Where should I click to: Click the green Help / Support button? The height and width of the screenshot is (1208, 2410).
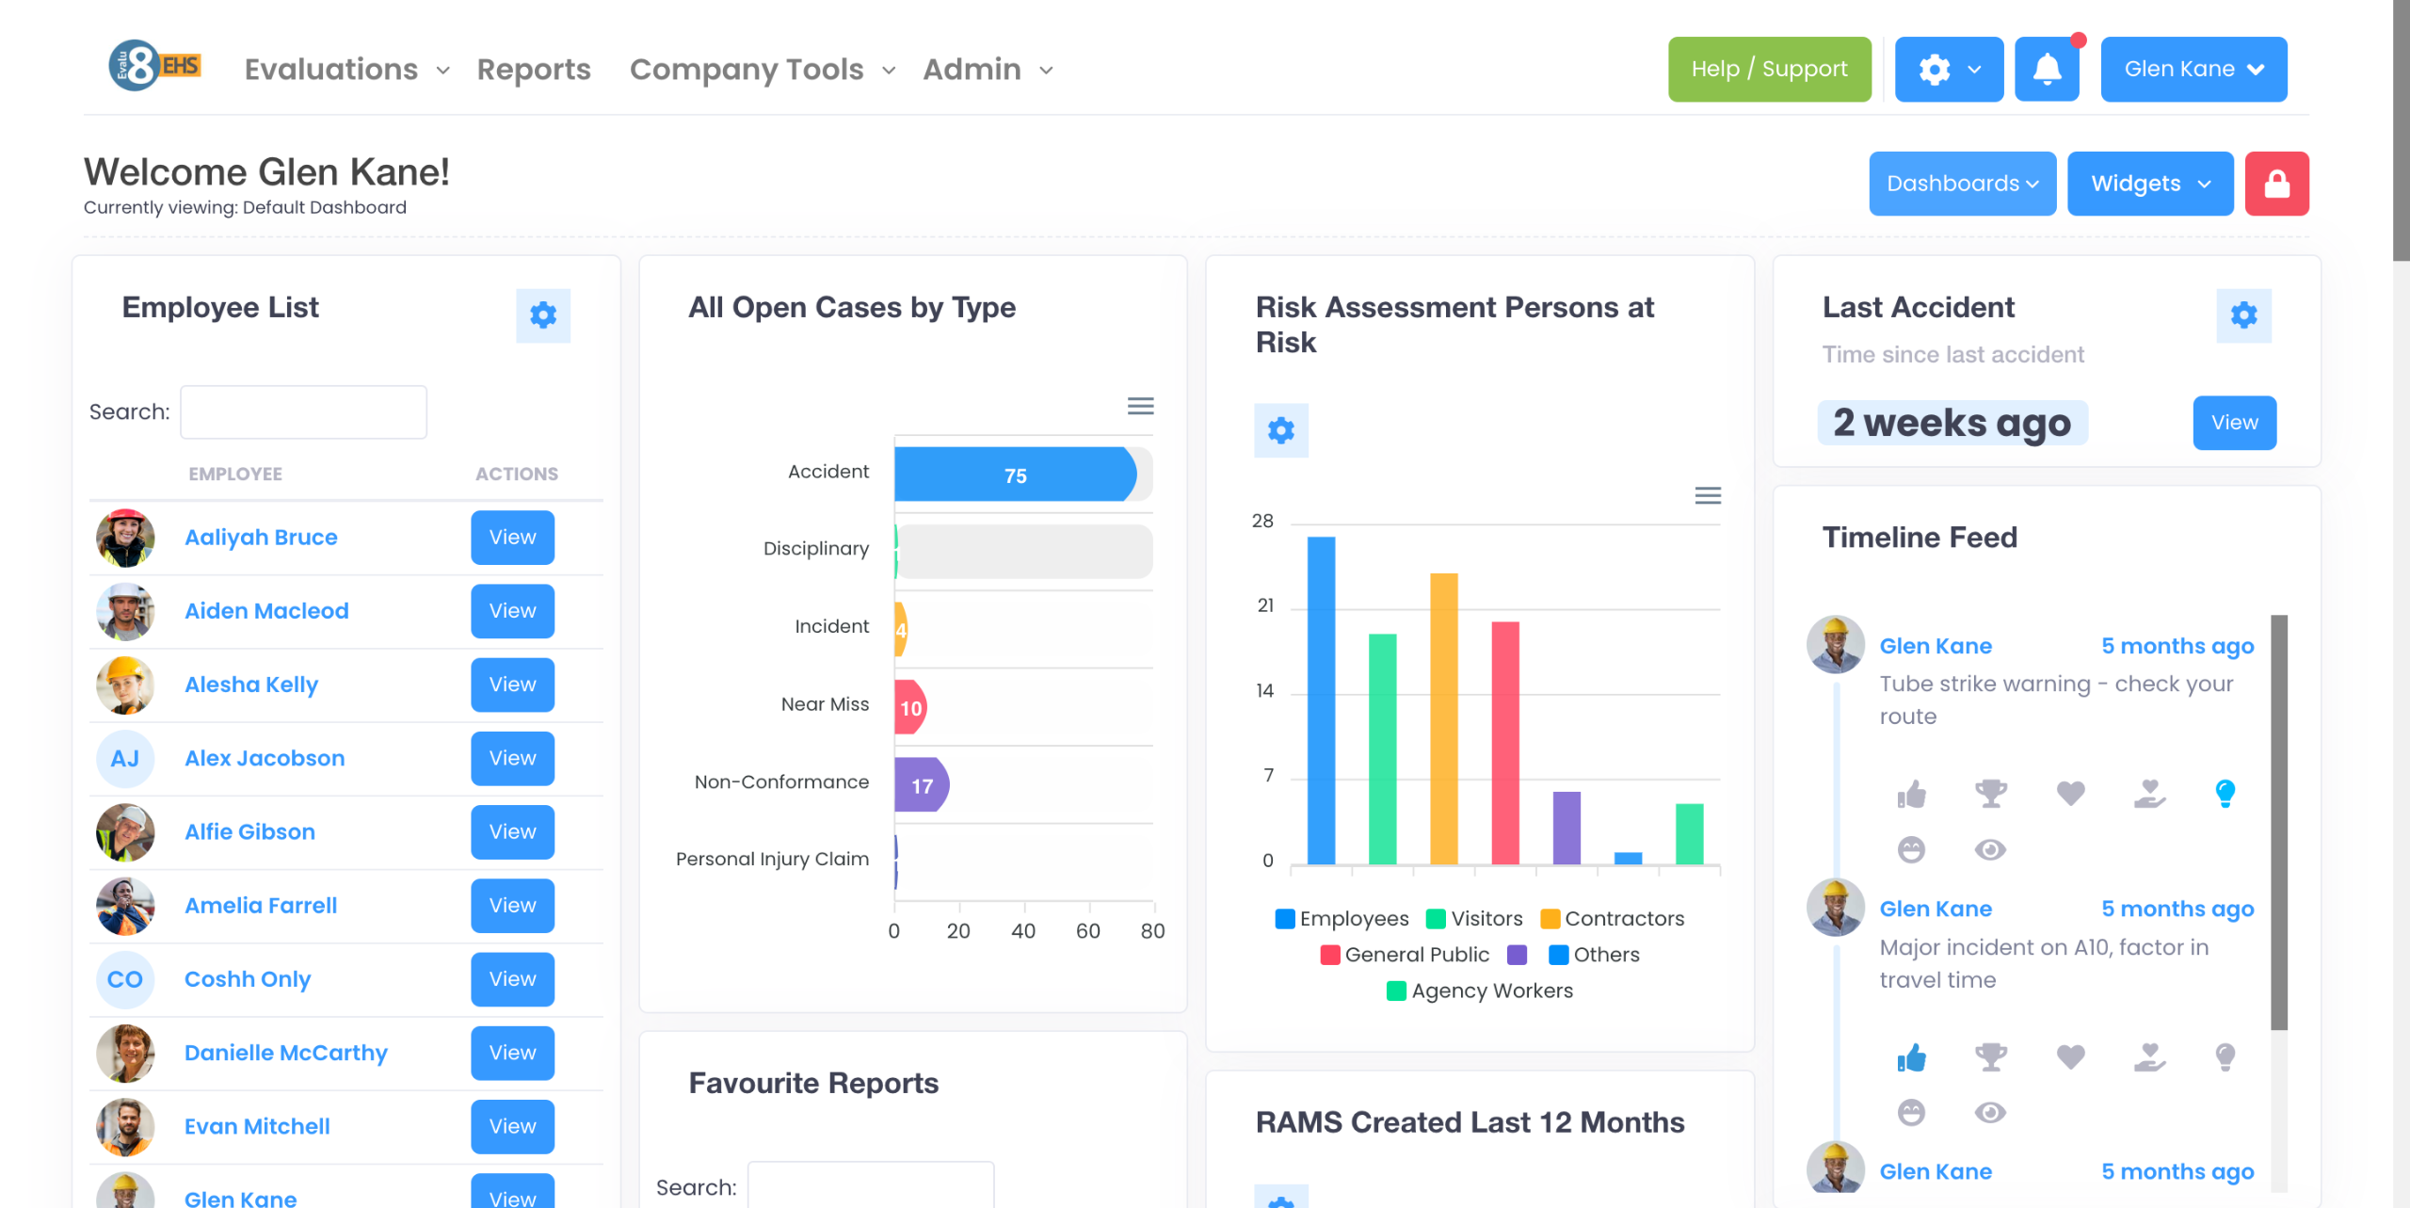pyautogui.click(x=1769, y=69)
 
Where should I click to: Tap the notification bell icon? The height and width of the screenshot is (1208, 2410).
pyautogui.click(x=2047, y=69)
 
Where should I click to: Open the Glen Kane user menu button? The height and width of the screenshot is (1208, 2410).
pyautogui.click(x=2193, y=69)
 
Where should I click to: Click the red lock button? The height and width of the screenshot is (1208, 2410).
pyautogui.click(x=2276, y=184)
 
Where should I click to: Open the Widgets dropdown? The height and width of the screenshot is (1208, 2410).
pyautogui.click(x=2150, y=184)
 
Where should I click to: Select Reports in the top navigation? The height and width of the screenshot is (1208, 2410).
pyautogui.click(x=534, y=69)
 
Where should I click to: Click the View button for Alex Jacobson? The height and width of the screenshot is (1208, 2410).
pyautogui.click(x=512, y=758)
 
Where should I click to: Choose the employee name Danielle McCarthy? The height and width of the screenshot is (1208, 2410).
pyautogui.click(x=286, y=1053)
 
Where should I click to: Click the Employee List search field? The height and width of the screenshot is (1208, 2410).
pyautogui.click(x=303, y=411)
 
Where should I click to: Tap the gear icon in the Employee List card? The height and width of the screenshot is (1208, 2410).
pyautogui.click(x=543, y=315)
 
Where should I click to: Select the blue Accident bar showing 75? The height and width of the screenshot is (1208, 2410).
pyautogui.click(x=1014, y=475)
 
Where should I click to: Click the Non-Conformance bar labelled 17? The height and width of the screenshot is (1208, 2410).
pyautogui.click(x=921, y=785)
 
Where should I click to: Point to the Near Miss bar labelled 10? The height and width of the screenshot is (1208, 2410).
pyautogui.click(x=910, y=707)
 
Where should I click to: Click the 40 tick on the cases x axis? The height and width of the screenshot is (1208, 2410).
pyautogui.click(x=1023, y=931)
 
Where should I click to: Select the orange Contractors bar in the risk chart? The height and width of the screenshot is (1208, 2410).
pyautogui.click(x=1443, y=717)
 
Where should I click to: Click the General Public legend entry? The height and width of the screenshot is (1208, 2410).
pyautogui.click(x=1406, y=955)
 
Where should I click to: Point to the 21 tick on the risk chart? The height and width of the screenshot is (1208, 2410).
pyautogui.click(x=1265, y=605)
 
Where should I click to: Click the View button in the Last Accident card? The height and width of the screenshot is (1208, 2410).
pyautogui.click(x=2234, y=423)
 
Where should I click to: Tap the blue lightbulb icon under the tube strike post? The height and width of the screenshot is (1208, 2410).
pyautogui.click(x=2225, y=793)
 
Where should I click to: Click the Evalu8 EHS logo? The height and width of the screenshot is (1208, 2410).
pyautogui.click(x=154, y=66)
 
